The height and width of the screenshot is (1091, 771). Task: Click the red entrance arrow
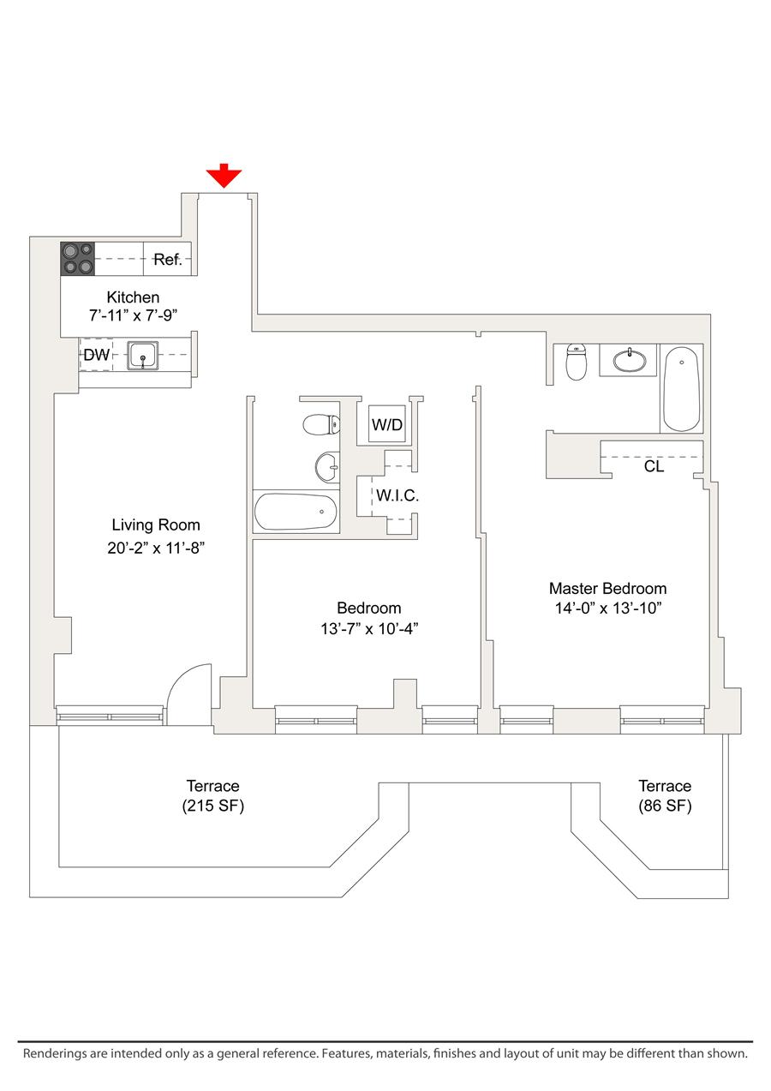[x=224, y=176]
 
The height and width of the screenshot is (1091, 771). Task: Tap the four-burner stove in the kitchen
[x=77, y=259]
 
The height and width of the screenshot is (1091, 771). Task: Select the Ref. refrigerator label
[x=168, y=260]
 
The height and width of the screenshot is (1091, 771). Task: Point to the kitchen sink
[x=142, y=355]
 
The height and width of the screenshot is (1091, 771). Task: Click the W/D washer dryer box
[x=386, y=424]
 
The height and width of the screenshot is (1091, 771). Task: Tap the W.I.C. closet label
[x=397, y=495]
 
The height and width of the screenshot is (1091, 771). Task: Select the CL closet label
[x=654, y=467]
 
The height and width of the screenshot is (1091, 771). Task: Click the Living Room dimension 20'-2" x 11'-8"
[x=156, y=547]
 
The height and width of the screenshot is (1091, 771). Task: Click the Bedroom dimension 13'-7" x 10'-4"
[x=369, y=629]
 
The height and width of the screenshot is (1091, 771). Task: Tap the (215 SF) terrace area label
[x=212, y=806]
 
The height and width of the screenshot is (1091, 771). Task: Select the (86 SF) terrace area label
[x=665, y=806]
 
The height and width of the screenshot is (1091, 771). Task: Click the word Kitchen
[x=133, y=297]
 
